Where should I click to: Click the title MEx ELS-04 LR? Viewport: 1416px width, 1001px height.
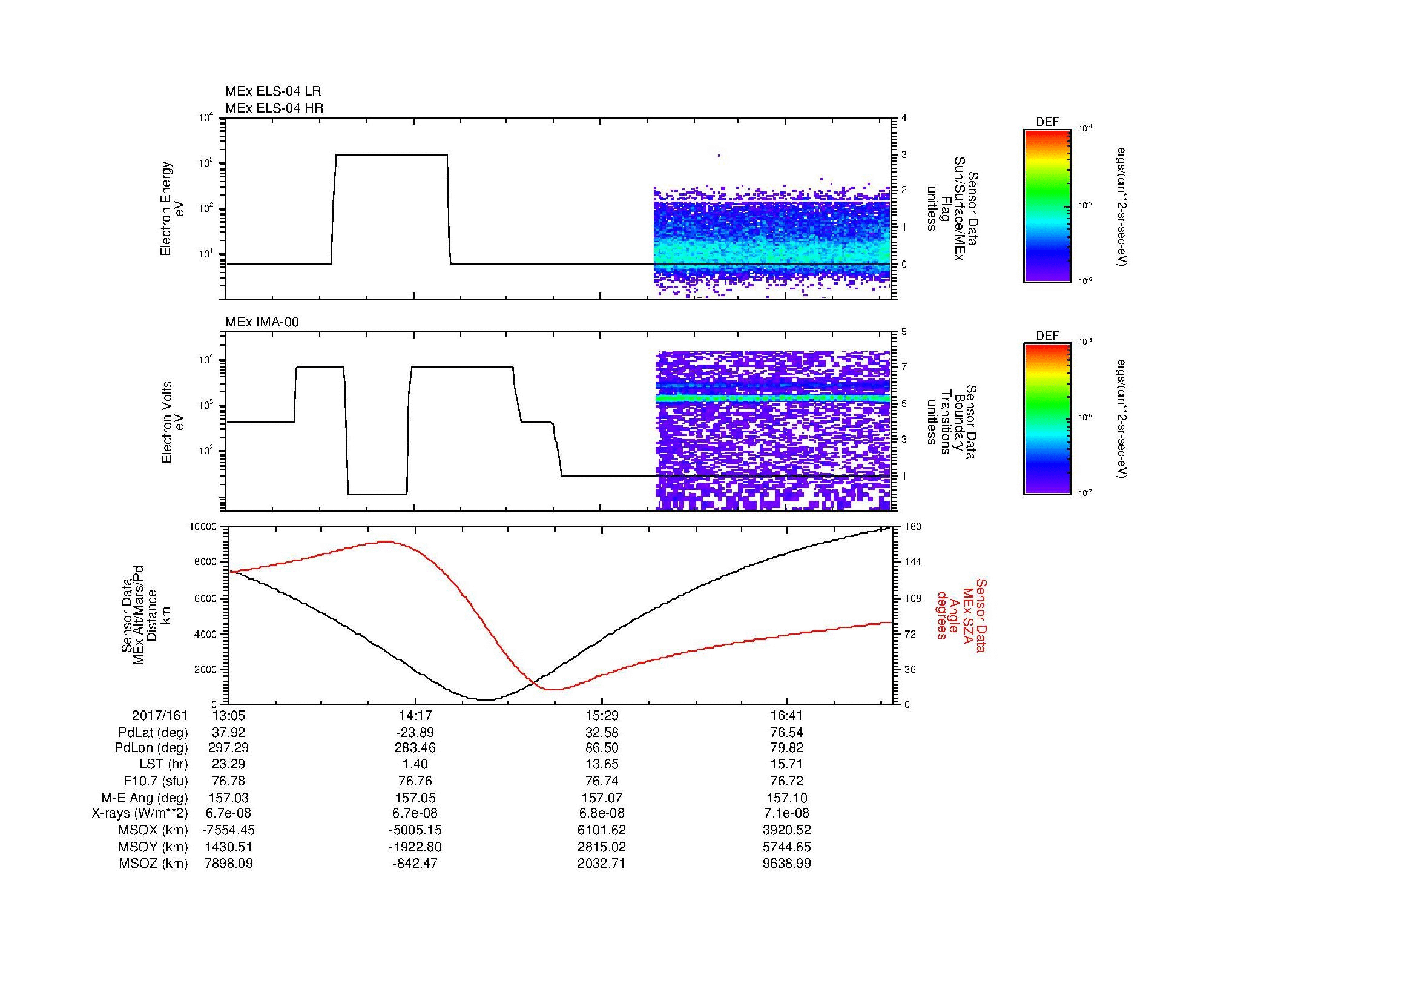[x=272, y=92]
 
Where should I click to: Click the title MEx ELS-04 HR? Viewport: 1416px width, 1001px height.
[x=274, y=108]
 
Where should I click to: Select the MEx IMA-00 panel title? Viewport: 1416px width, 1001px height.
[x=262, y=322]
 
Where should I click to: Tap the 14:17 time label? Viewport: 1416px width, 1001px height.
[x=415, y=716]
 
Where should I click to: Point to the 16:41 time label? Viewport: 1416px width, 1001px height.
[x=787, y=716]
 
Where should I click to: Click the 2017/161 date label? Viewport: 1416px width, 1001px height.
[x=159, y=716]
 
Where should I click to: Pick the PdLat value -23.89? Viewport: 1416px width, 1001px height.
[x=415, y=733]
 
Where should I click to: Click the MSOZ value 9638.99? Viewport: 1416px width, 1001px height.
[x=787, y=864]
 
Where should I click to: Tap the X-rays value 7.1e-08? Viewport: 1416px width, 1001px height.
[x=787, y=814]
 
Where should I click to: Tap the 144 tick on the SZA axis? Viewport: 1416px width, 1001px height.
[x=913, y=562]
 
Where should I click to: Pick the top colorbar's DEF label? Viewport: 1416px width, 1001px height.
[x=1047, y=122]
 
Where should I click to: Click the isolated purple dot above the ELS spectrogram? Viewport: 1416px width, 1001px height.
[x=719, y=156]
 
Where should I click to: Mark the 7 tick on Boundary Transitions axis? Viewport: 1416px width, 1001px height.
[x=904, y=367]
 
